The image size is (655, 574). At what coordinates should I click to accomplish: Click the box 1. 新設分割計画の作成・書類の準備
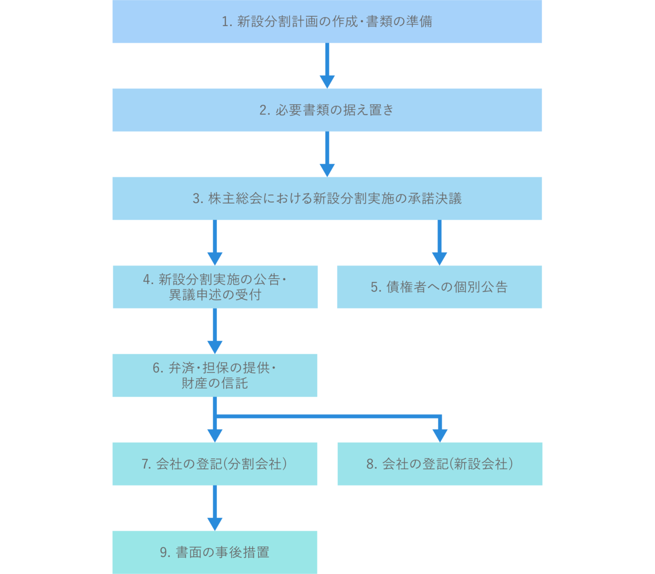click(x=327, y=21)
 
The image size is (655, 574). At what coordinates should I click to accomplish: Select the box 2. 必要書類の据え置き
click(x=327, y=110)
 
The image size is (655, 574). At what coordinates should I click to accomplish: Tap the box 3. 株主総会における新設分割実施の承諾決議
click(x=327, y=198)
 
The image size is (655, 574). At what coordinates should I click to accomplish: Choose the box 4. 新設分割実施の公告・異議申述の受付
click(x=215, y=287)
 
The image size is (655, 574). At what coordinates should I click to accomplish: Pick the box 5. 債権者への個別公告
click(x=439, y=287)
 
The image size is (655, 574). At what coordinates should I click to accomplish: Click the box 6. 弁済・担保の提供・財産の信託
click(x=215, y=376)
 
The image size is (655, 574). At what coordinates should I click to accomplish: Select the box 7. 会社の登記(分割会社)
click(x=215, y=464)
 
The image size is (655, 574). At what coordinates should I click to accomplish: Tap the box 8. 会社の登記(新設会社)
click(x=440, y=464)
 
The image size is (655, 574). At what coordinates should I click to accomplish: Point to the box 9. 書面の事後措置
click(x=215, y=553)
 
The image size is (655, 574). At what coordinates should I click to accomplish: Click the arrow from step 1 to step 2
click(x=327, y=65)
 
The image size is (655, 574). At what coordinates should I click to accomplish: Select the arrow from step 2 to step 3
click(x=327, y=154)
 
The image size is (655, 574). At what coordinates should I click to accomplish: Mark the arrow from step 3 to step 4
click(x=215, y=242)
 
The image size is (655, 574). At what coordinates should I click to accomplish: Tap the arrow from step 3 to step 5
click(x=440, y=242)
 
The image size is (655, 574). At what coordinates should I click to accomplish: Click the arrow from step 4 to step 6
click(x=215, y=331)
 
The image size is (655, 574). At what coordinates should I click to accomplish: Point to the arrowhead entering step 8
click(x=440, y=435)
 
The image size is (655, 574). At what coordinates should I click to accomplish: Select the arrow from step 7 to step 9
click(x=215, y=508)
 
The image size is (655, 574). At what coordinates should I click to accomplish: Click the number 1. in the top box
click(x=227, y=21)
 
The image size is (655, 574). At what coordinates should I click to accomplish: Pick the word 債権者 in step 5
click(x=406, y=287)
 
